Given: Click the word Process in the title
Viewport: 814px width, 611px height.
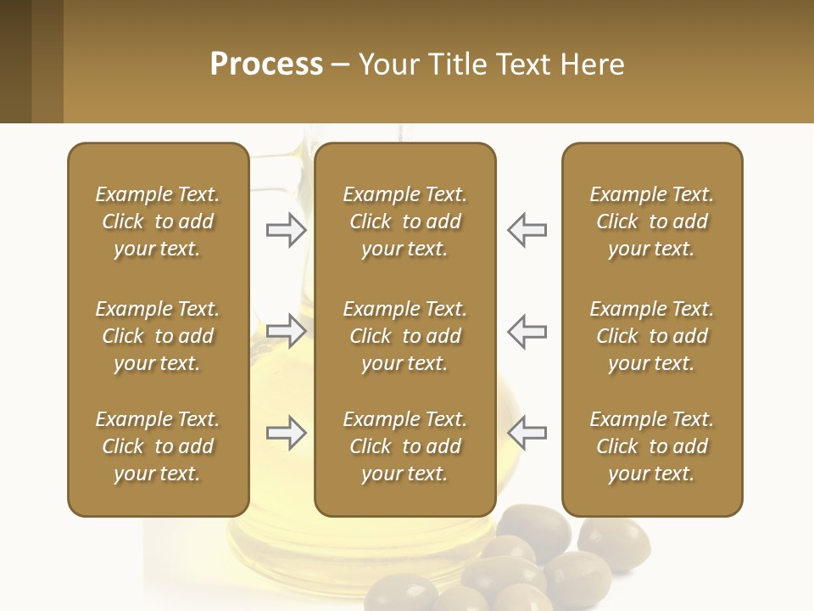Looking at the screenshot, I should (x=266, y=64).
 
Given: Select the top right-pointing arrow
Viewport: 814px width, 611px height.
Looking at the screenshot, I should (x=286, y=230).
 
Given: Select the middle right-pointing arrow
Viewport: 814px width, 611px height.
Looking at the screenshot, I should (x=286, y=331).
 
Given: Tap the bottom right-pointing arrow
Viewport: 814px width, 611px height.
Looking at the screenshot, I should (x=286, y=433).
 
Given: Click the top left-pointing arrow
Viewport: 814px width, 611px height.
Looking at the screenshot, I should (x=527, y=230).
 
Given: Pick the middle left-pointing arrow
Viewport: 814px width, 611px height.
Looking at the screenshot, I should (x=527, y=331).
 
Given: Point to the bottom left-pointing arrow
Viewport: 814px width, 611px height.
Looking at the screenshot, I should (x=527, y=433).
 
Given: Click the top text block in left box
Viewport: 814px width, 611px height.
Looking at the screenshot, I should (x=158, y=221).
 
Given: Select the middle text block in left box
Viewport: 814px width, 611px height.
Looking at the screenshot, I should (x=158, y=336).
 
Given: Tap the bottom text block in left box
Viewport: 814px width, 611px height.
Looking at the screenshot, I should (x=158, y=446).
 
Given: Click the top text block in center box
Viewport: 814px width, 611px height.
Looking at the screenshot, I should (x=404, y=221).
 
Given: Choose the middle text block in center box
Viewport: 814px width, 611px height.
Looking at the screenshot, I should (x=404, y=336).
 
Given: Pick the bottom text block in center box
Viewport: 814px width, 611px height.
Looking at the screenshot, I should (x=404, y=446).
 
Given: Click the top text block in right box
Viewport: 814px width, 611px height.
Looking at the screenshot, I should (x=651, y=221).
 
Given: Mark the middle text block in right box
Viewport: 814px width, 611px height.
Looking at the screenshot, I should (x=651, y=336).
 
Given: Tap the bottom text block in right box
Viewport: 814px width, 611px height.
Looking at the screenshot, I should (x=651, y=446).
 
